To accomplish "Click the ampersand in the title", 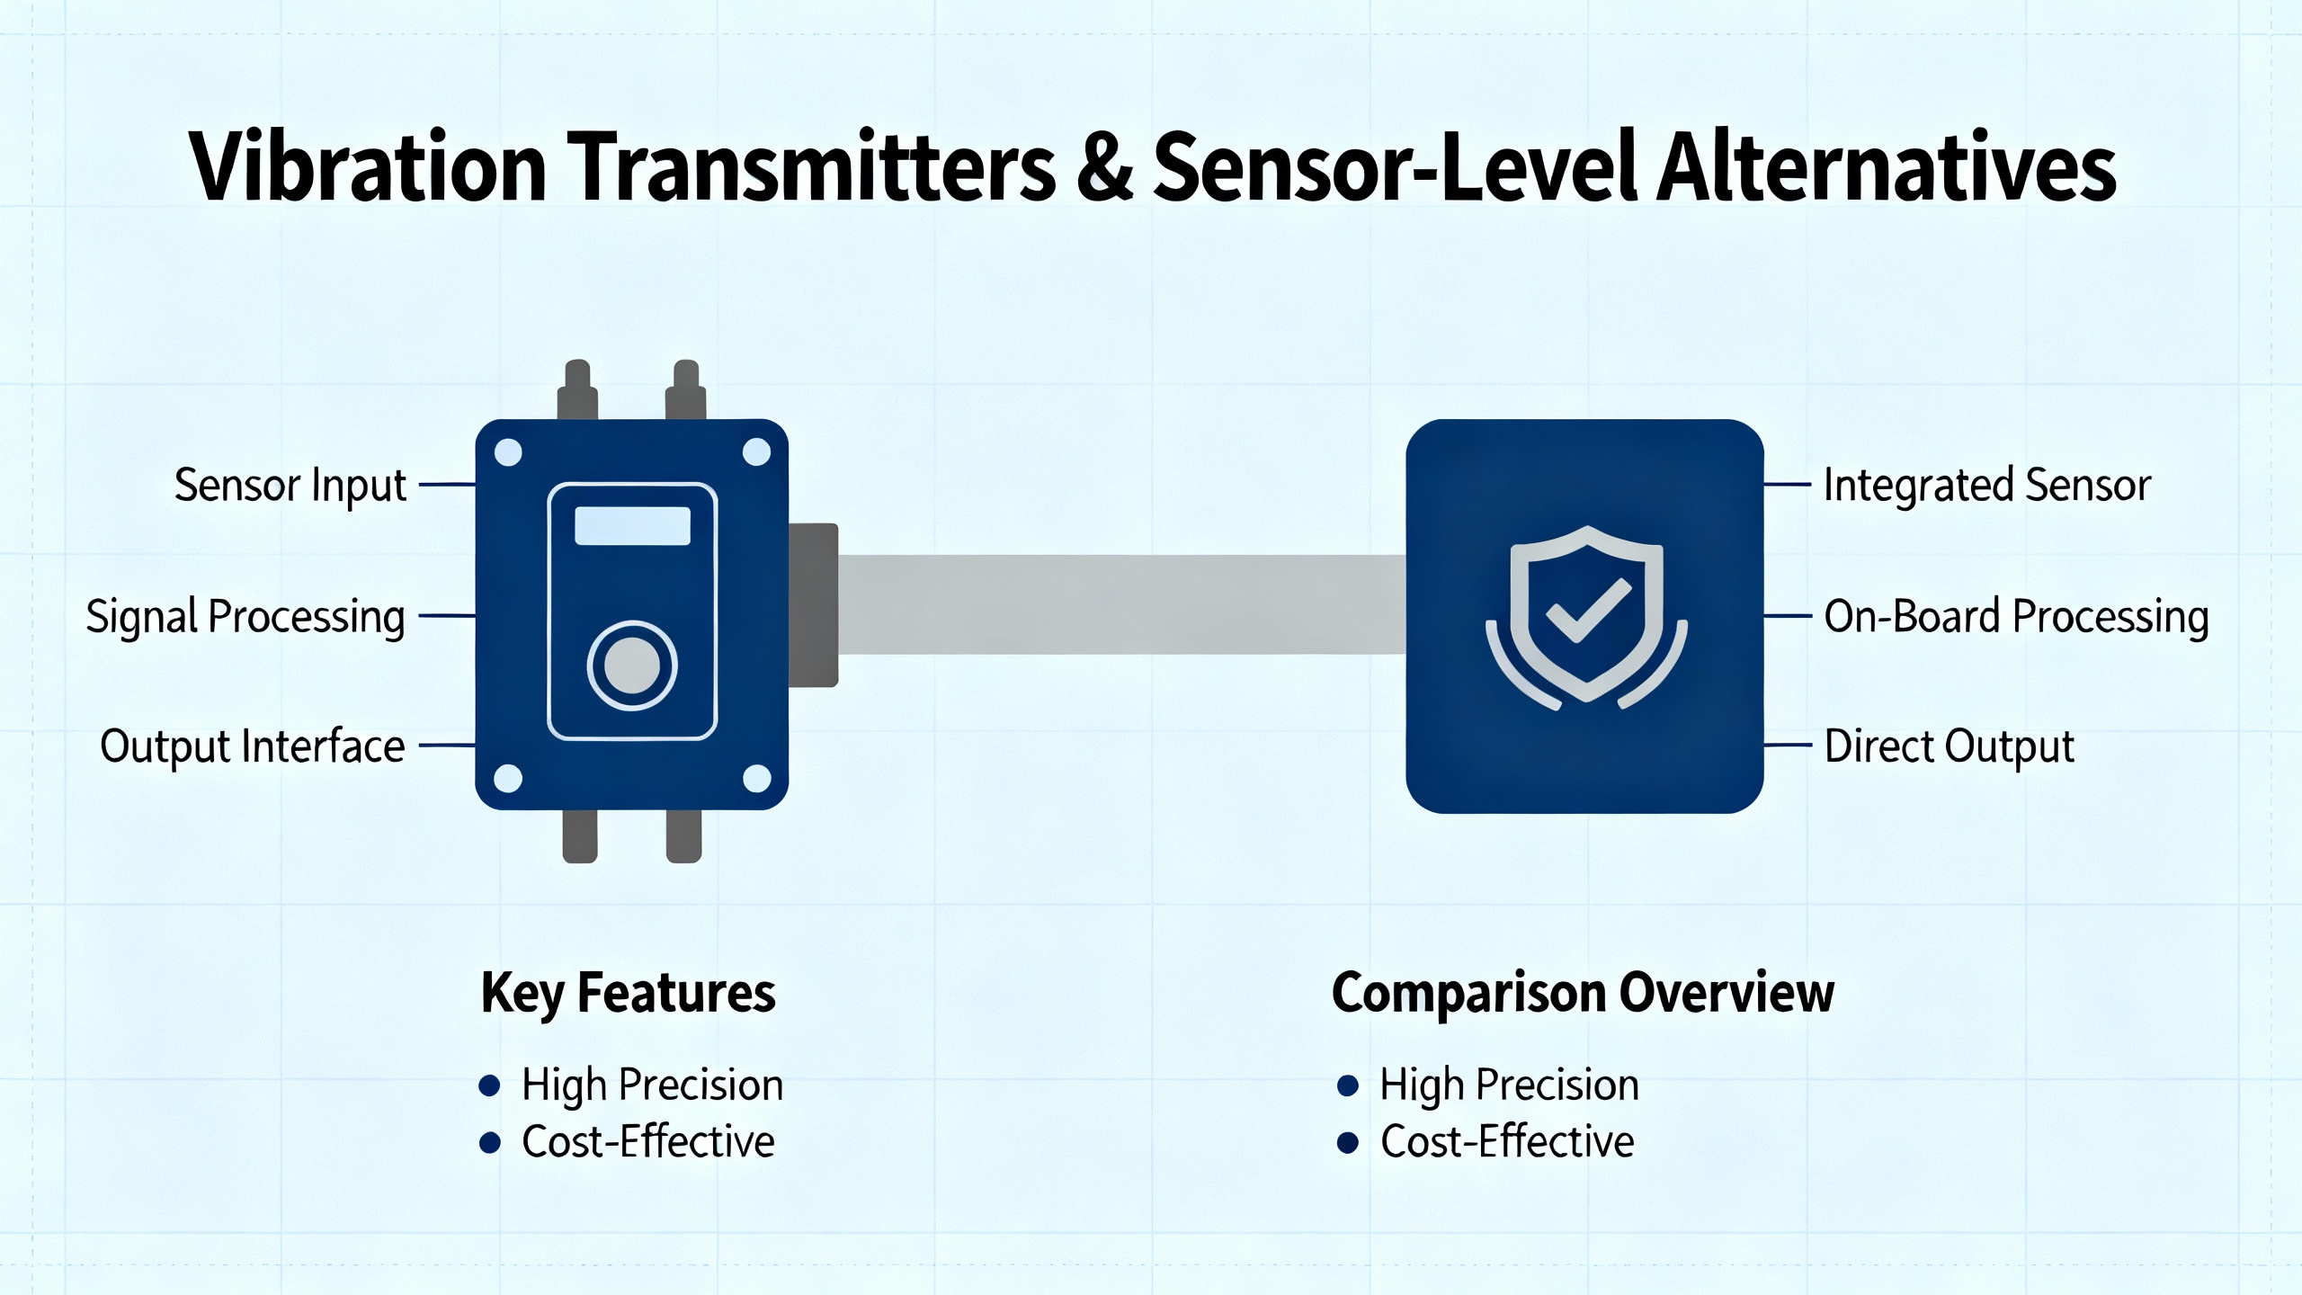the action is click(x=1105, y=167).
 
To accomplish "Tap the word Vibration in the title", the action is click(x=368, y=167).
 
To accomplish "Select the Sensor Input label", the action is click(x=290, y=486).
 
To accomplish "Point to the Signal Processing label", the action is click(x=245, y=617).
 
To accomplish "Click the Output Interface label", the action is click(x=253, y=746).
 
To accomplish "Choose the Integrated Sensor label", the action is click(x=1987, y=486).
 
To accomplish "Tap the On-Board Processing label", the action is click(x=2016, y=617).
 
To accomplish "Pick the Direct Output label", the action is click(x=1949, y=746).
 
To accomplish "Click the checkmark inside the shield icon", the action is click(x=1587, y=611).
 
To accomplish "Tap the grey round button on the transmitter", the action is click(x=632, y=666).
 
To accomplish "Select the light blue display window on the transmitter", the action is click(x=632, y=526).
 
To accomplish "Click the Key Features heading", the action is click(x=629, y=993).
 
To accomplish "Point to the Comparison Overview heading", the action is click(x=1583, y=993).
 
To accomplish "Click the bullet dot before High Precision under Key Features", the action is click(x=490, y=1085).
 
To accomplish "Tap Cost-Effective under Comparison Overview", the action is click(x=1507, y=1142).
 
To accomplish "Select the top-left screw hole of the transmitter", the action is click(x=509, y=452).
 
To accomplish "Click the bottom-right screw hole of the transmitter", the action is click(x=757, y=779).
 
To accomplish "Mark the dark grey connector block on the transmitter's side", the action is click(x=814, y=605).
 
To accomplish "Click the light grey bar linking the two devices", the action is click(x=1122, y=604).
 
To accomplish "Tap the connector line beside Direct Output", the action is click(x=1788, y=746).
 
